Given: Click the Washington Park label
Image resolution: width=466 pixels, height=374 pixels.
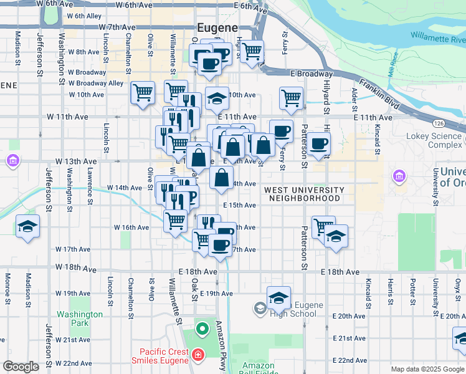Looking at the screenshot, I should click(x=80, y=319).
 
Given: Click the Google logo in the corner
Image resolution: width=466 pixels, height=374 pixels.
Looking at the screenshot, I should click(x=21, y=367).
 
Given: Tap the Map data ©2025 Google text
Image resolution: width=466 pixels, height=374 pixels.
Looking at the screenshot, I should click(x=427, y=368).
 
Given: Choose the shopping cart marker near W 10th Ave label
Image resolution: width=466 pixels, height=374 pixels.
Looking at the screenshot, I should click(x=143, y=93).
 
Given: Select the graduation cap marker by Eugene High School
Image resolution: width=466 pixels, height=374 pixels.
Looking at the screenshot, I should click(x=278, y=299).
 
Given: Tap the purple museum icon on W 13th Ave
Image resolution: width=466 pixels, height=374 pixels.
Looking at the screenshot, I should click(x=12, y=162).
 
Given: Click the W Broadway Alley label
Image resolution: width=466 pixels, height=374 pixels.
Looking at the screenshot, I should click(x=96, y=83).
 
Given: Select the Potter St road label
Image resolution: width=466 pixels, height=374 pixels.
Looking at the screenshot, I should click(x=413, y=289).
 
